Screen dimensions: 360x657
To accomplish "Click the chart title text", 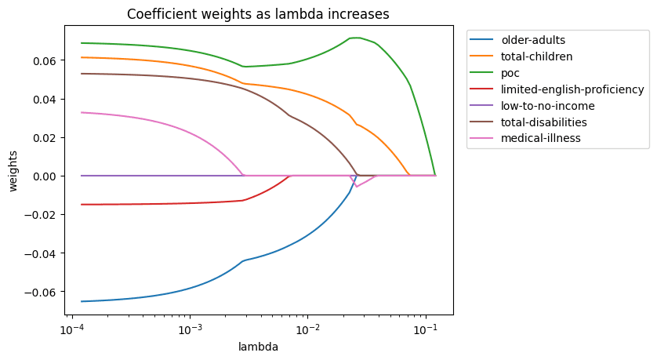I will click(x=258, y=13).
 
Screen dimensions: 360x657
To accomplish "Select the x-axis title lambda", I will click(x=258, y=346).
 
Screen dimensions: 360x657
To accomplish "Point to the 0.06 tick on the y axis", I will click(x=48, y=60).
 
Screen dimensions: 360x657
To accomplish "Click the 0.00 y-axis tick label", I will click(x=48, y=176).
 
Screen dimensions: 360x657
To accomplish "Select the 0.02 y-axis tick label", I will click(x=48, y=137).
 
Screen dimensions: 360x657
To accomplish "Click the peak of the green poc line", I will click(x=356, y=38).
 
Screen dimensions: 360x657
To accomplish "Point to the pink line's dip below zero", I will click(x=357, y=187).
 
